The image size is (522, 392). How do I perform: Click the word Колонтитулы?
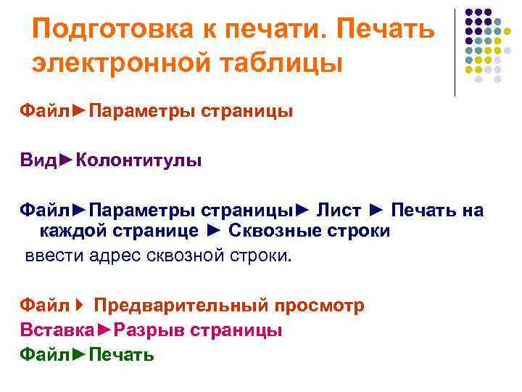click(138, 160)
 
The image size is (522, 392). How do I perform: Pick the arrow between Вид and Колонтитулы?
click(65, 160)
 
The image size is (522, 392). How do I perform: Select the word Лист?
click(339, 211)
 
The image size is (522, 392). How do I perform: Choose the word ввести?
click(51, 256)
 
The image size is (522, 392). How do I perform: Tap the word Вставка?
click(57, 330)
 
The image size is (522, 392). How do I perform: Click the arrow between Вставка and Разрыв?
click(104, 330)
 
